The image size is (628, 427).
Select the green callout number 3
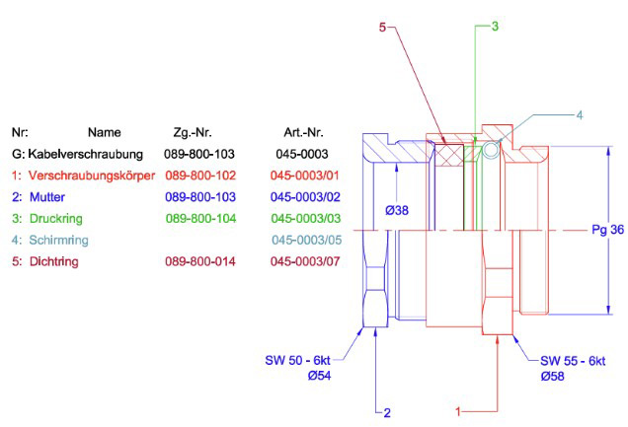[495, 27]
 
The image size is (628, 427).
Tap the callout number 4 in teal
[580, 115]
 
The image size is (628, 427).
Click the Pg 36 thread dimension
[605, 231]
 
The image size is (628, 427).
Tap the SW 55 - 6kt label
[573, 360]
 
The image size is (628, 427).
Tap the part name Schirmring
[57, 241]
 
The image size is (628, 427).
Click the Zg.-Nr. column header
[192, 132]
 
